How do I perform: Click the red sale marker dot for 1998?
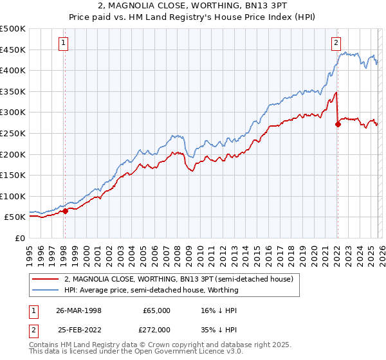point(66,210)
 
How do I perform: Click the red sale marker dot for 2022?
point(338,125)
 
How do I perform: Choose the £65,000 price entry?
point(156,310)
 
